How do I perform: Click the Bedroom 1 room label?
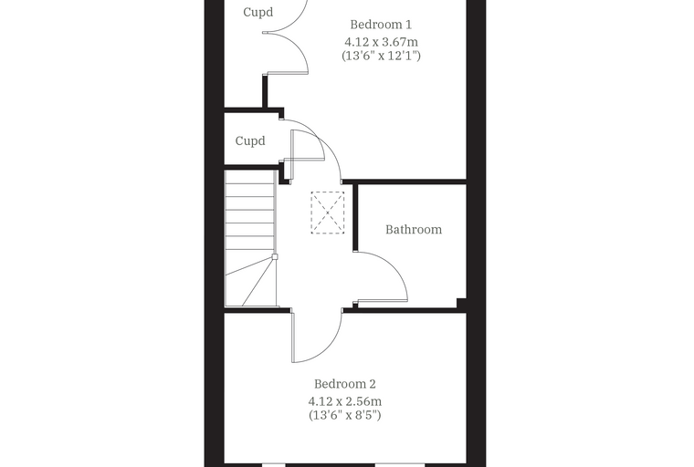381,25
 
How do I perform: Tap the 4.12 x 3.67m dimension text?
381,42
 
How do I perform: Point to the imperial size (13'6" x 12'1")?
381,56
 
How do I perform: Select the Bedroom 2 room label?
345,384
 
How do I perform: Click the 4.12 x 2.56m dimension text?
345,401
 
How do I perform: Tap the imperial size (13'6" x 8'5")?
345,415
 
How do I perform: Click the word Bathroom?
414,230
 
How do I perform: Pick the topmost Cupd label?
258,12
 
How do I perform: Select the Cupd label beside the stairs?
250,140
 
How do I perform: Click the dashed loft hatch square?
328,213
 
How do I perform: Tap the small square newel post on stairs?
275,256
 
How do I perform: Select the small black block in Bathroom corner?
461,303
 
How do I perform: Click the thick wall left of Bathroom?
355,218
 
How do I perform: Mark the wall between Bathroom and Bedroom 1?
405,182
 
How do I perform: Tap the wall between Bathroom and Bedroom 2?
405,310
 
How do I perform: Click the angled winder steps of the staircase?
250,282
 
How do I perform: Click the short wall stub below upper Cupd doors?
265,90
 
